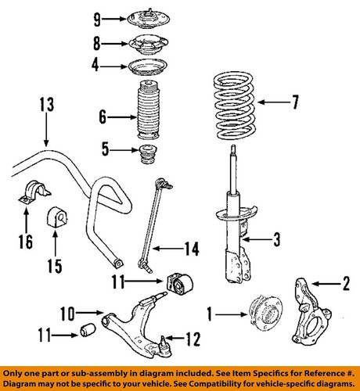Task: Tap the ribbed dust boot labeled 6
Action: pos(149,118)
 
